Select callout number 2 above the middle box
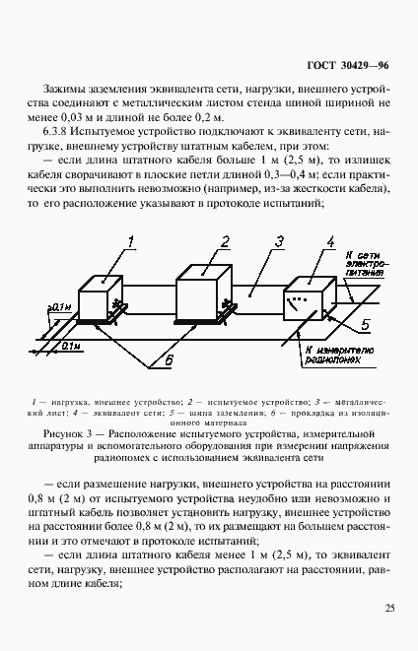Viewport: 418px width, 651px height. (x=225, y=241)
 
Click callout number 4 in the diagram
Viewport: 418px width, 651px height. (x=331, y=241)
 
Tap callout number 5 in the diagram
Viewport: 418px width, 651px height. (x=366, y=323)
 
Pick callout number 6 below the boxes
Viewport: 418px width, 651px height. (x=169, y=361)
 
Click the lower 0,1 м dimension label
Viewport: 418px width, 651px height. (x=69, y=346)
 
